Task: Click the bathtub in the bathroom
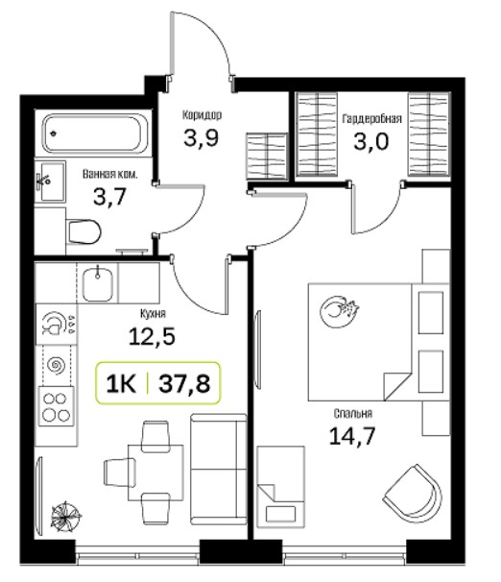(x=95, y=134)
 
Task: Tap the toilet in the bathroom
(x=83, y=232)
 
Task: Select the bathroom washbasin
(x=51, y=182)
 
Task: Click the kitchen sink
(x=97, y=284)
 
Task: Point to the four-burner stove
(x=57, y=405)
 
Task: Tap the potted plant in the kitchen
(x=66, y=516)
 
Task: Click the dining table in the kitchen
(x=155, y=473)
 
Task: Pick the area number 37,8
(x=184, y=383)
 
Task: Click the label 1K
(x=121, y=383)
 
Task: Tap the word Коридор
(x=203, y=115)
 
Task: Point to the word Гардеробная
(x=372, y=119)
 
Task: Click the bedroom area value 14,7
(x=352, y=436)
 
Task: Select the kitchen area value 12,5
(x=152, y=337)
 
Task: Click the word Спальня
(x=353, y=414)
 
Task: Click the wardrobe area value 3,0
(x=371, y=141)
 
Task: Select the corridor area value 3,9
(x=202, y=137)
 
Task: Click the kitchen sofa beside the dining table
(x=219, y=470)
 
